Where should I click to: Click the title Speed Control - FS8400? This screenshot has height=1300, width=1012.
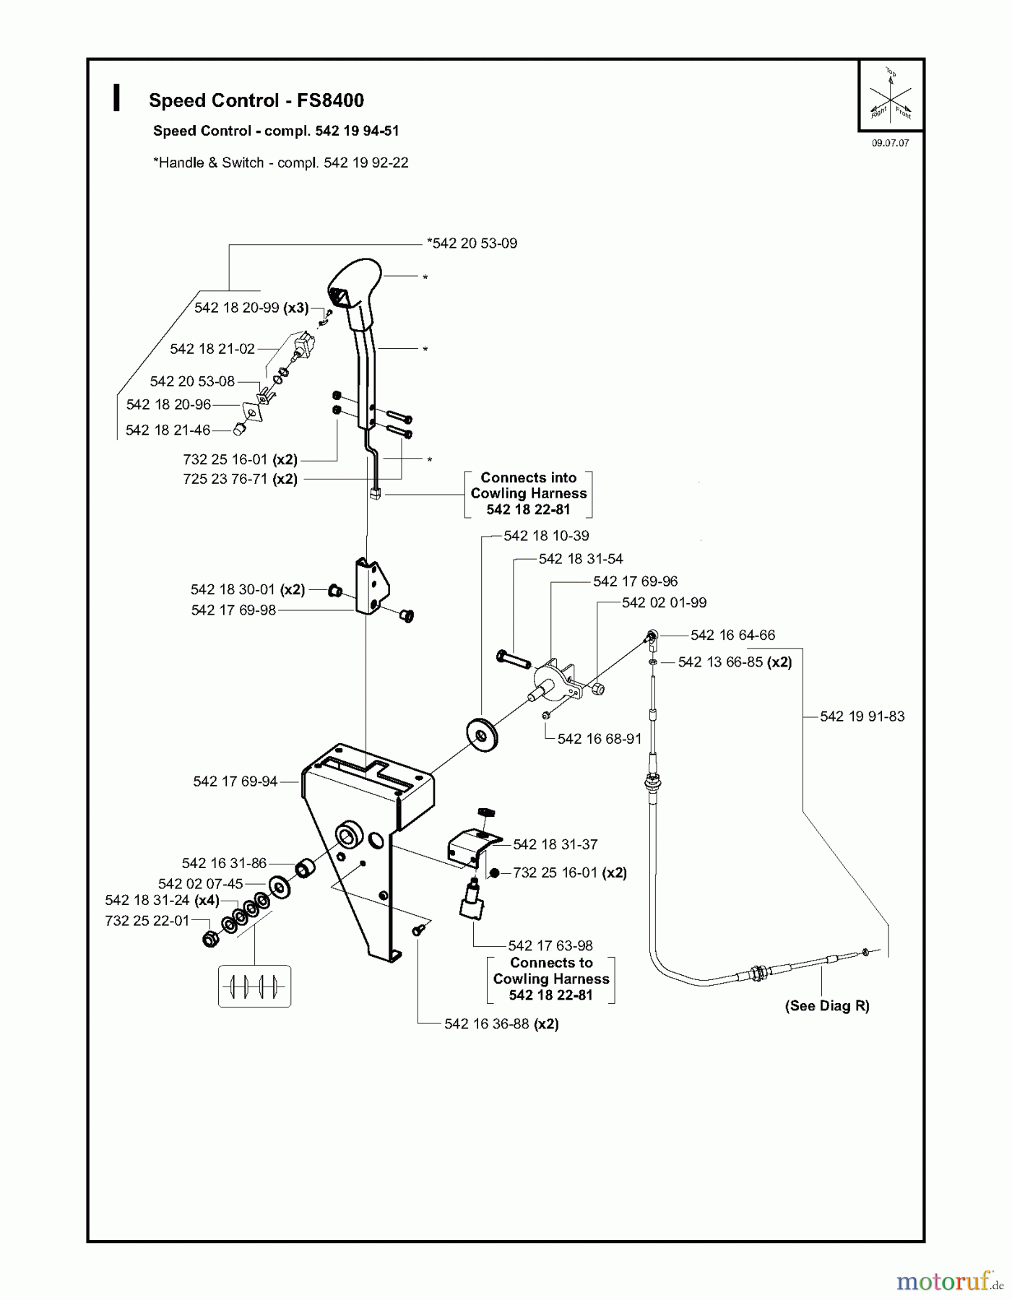256,100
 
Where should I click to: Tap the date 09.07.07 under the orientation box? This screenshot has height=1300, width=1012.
890,143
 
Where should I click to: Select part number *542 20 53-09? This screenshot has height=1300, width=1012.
472,243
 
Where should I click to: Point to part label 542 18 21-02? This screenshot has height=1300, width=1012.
212,349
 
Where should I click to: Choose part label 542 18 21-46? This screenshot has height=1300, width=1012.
168,430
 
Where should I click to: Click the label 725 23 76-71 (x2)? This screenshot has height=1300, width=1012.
240,479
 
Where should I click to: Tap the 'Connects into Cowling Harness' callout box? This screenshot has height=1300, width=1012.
528,493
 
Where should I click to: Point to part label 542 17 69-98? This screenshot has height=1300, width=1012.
233,610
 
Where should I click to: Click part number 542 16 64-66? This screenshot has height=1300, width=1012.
732,635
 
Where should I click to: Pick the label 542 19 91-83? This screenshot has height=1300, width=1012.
862,716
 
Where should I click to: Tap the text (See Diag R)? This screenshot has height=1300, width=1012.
827,1006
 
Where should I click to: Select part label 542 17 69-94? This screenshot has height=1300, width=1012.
235,781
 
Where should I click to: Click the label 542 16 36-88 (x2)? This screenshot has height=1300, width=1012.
501,1024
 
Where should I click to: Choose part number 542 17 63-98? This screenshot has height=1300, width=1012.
550,945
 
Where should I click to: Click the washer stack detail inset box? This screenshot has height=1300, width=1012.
254,986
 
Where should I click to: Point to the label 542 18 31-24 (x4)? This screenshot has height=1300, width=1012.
162,901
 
